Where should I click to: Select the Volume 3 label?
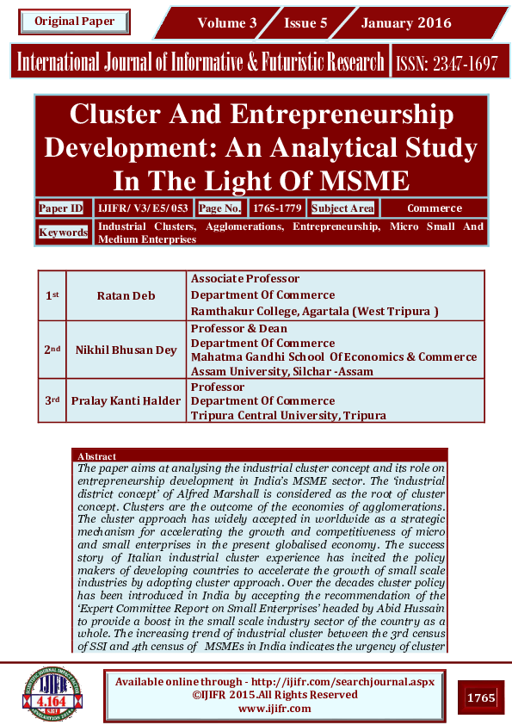pyautogui.click(x=227, y=23)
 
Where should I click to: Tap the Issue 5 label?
pyautogui.click(x=305, y=23)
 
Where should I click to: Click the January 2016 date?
pyautogui.click(x=407, y=23)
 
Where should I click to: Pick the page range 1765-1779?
pyautogui.click(x=277, y=208)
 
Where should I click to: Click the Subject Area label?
pyautogui.click(x=342, y=208)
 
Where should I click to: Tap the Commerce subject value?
pyautogui.click(x=435, y=208)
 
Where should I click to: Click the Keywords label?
pyautogui.click(x=63, y=232)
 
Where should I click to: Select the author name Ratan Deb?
pyautogui.click(x=126, y=295)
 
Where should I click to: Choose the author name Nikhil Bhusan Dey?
pyautogui.click(x=126, y=350)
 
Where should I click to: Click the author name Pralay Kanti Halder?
pyautogui.click(x=126, y=400)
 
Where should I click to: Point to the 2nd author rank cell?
pyautogui.click(x=52, y=350)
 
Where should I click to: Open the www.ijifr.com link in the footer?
pyautogui.click(x=275, y=708)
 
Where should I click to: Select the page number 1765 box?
pyautogui.click(x=481, y=697)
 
